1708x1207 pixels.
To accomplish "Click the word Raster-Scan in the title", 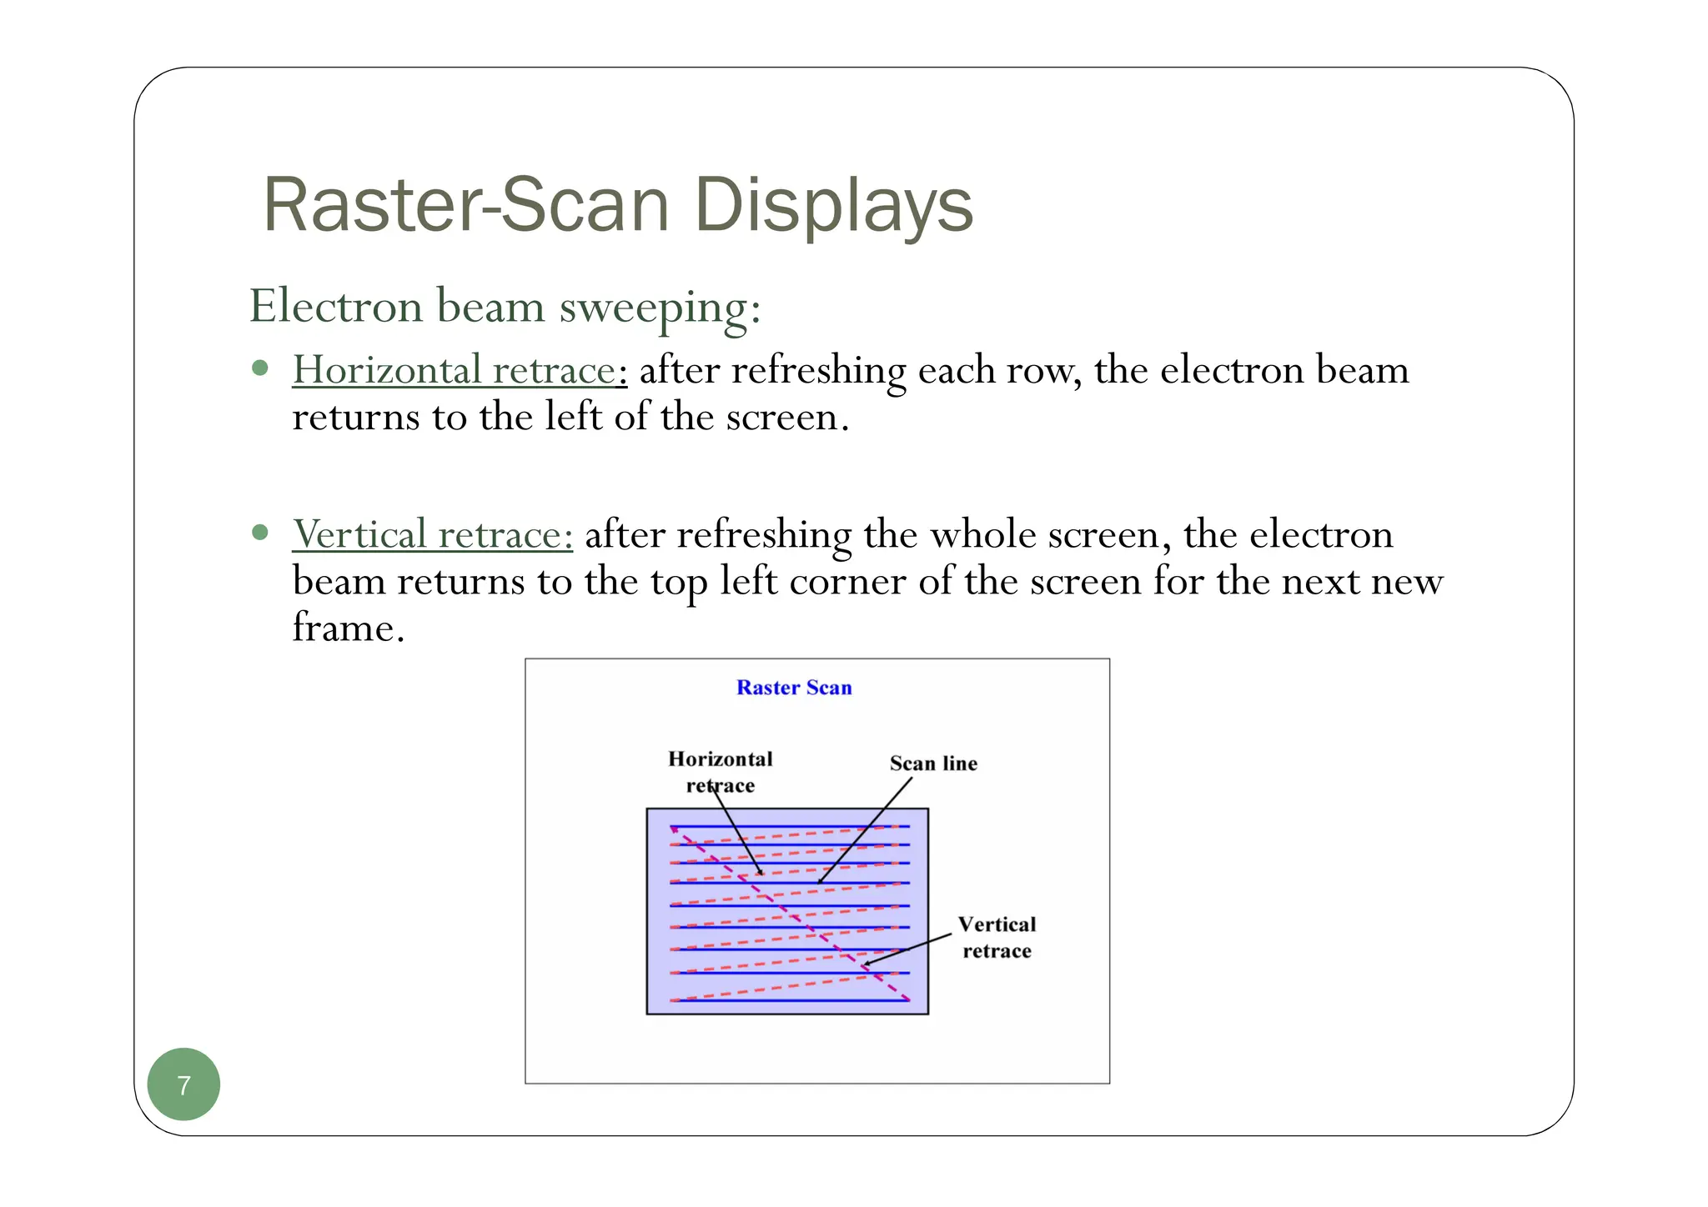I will click(x=465, y=205).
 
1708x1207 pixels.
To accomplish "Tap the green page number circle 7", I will click(x=183, y=1084).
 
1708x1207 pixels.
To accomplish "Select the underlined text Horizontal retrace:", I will click(x=459, y=370).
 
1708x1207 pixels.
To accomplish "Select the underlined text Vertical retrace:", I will click(x=432, y=534).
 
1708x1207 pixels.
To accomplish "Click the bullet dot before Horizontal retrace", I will click(x=260, y=368).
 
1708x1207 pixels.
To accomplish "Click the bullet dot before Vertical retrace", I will click(x=260, y=532).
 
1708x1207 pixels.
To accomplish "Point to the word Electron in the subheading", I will click(x=336, y=306).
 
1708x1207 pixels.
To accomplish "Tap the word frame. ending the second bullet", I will click(x=348, y=627).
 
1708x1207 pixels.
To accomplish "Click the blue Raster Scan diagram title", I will click(x=794, y=688).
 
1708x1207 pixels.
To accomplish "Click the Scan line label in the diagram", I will click(x=933, y=764).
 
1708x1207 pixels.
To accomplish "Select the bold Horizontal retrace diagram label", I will click(x=721, y=772).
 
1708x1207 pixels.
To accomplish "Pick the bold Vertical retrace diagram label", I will click(x=997, y=938).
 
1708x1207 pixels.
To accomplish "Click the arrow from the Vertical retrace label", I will click(x=907, y=949).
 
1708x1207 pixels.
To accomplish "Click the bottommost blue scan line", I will click(x=789, y=1000).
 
